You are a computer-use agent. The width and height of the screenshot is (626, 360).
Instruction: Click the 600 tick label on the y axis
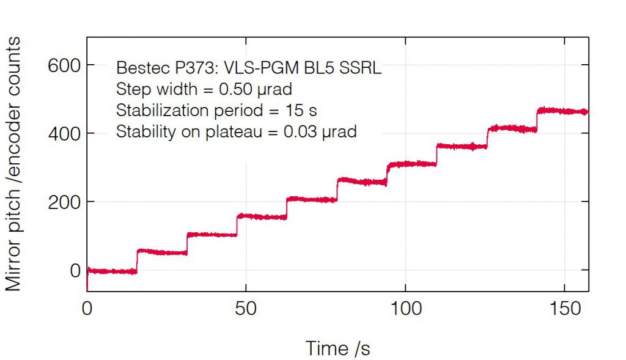point(64,65)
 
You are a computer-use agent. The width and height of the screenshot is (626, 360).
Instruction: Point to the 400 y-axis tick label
point(64,134)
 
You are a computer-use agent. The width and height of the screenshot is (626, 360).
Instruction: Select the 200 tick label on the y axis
point(64,202)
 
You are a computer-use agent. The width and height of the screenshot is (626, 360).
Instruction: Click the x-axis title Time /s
point(338,348)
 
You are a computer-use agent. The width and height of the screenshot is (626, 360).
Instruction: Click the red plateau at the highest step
point(562,111)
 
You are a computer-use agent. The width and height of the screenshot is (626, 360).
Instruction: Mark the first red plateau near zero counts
point(112,271)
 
